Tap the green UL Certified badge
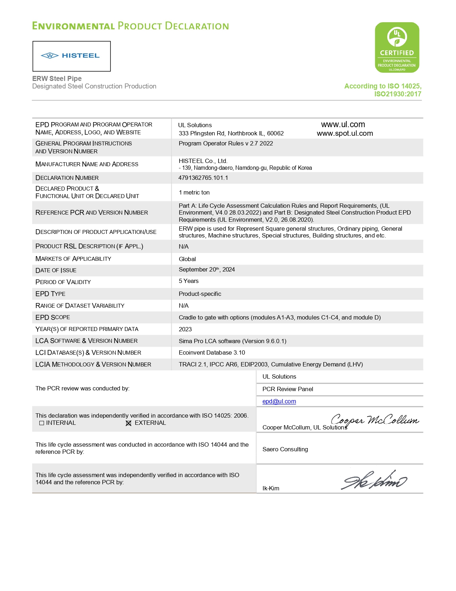click(x=397, y=48)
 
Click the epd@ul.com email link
click(x=279, y=402)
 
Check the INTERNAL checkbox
click(x=42, y=423)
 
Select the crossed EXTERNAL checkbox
click(x=129, y=423)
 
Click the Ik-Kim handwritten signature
click(x=374, y=480)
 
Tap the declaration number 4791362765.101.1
click(x=203, y=178)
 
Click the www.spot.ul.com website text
click(x=344, y=134)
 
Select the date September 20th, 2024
click(x=207, y=270)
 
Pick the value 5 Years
click(x=188, y=281)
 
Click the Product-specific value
click(x=200, y=294)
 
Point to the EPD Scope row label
click(x=53, y=317)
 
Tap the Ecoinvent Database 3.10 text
click(x=212, y=353)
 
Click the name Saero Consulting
click(x=285, y=450)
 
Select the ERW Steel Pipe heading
click(x=57, y=78)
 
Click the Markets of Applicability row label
click(x=73, y=259)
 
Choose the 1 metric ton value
click(x=194, y=193)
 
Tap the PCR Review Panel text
click(x=288, y=389)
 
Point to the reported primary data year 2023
click(x=185, y=330)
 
